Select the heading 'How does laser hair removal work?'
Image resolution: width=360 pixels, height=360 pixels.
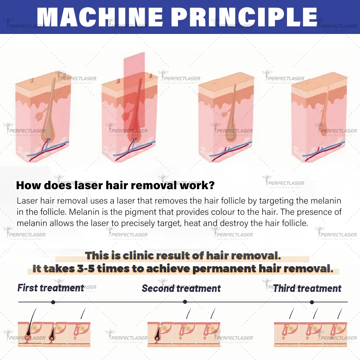115,185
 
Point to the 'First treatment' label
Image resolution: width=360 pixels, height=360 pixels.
51,288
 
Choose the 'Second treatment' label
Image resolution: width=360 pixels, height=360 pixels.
181,288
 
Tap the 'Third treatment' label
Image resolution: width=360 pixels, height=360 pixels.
307,288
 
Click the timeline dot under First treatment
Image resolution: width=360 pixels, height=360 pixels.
53,302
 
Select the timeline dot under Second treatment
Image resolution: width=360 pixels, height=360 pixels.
185,302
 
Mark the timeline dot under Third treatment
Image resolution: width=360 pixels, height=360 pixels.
312,302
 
